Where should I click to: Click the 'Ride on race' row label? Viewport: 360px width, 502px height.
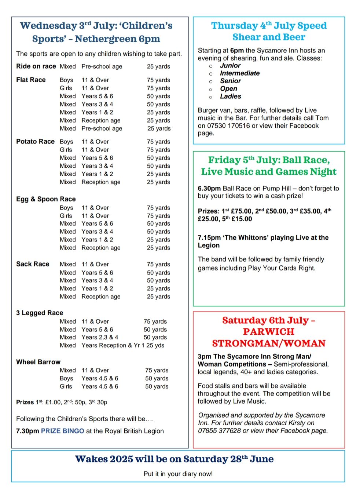coord(36,66)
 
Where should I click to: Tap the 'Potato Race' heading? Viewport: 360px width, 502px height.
coord(35,142)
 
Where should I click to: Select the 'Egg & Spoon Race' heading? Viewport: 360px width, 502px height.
coord(46,199)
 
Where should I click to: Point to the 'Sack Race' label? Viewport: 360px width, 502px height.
coord(33,264)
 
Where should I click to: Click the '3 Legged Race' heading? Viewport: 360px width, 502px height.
coord(40,313)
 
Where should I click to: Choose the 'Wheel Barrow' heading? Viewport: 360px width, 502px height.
coord(38,362)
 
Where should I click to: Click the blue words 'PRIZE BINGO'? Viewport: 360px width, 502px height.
coord(63,431)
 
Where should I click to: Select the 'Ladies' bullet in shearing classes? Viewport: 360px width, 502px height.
coord(230,97)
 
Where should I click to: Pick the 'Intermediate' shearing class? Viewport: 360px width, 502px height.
coord(239,73)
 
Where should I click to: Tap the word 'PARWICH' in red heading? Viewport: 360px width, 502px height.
coord(269,332)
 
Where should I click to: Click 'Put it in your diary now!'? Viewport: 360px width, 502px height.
coord(178,474)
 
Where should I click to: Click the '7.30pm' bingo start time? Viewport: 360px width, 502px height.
coord(27,431)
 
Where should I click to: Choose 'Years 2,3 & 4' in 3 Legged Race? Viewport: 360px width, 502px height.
coord(100,337)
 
